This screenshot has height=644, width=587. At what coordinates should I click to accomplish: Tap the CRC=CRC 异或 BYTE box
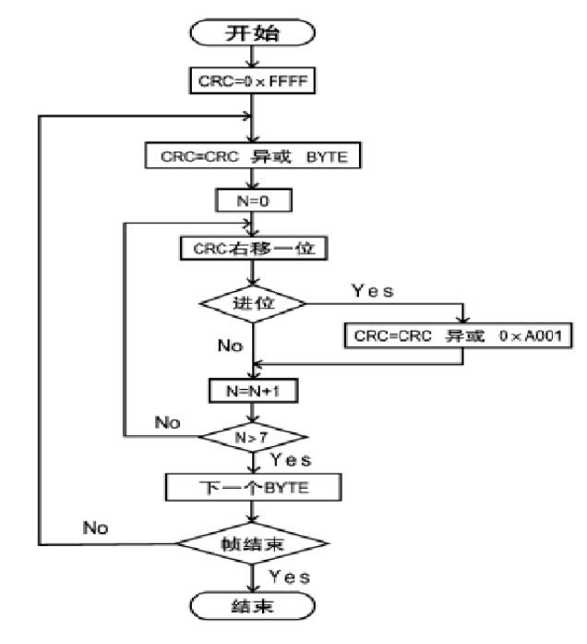(x=252, y=155)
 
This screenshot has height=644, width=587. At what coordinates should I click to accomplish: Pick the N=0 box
(x=252, y=199)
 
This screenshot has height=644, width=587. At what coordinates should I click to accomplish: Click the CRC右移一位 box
(x=252, y=248)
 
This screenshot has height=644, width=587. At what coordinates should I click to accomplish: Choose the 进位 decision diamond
(x=252, y=301)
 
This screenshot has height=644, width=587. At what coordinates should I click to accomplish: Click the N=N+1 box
(x=252, y=389)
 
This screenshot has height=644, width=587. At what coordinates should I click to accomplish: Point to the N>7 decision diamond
(x=252, y=436)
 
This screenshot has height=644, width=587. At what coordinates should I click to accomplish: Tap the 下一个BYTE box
(x=252, y=486)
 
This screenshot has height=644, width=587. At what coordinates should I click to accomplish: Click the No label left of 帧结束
(x=95, y=528)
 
